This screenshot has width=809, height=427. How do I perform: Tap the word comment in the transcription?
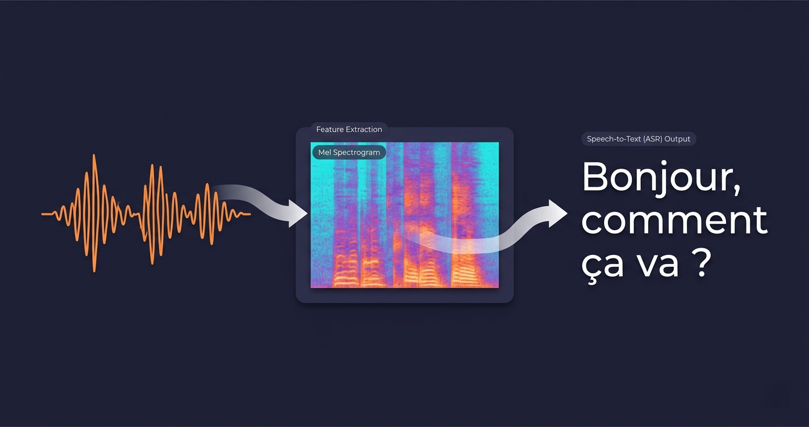coord(674,221)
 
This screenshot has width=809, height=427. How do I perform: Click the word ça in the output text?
coord(603,264)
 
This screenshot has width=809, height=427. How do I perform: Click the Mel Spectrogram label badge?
coord(349,152)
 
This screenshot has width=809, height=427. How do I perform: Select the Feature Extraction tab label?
coord(349,129)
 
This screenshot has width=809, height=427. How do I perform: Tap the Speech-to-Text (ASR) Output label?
coord(639,139)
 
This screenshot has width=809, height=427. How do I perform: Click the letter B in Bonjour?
coord(594,178)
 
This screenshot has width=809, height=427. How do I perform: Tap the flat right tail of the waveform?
coord(243,214)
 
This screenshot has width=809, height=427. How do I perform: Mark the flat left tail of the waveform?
coord(48,214)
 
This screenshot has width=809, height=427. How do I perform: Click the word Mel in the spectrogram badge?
coord(324,152)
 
